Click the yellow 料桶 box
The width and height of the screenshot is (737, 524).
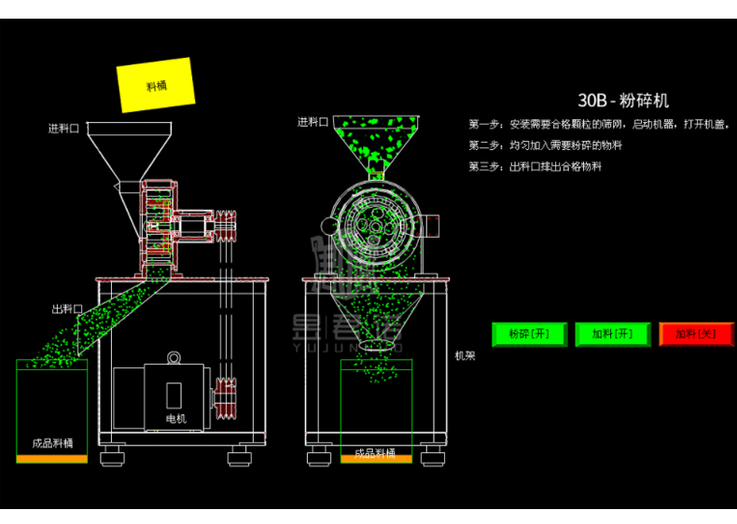(x=156, y=85)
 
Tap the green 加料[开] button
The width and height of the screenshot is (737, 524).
(x=612, y=334)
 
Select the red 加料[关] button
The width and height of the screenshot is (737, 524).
(x=696, y=334)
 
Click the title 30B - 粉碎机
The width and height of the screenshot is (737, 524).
(x=623, y=101)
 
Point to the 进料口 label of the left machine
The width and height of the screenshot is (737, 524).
(x=64, y=129)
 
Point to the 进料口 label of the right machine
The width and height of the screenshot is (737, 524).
(x=313, y=122)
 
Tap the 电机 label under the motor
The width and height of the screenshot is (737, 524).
(x=176, y=419)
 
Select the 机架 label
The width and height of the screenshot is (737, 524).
(x=465, y=356)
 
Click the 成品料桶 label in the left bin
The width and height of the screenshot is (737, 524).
(x=52, y=443)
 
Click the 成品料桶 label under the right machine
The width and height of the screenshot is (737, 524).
(x=375, y=455)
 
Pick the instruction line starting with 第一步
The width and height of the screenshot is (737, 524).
(x=598, y=124)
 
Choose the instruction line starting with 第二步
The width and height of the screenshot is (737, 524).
(x=546, y=145)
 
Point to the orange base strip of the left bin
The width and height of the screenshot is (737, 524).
(x=52, y=458)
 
